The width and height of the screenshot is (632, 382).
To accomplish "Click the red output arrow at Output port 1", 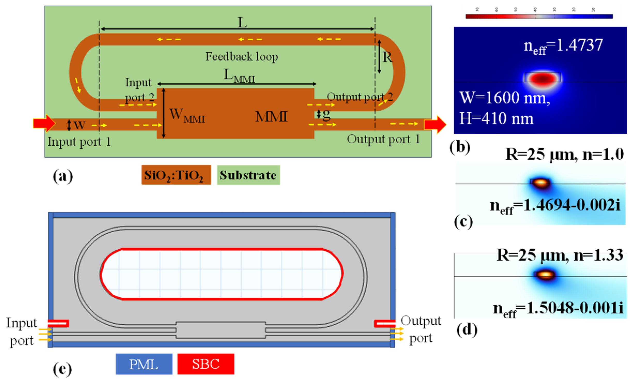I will pos(435,125).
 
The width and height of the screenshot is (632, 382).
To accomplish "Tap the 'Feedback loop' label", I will pos(241,57).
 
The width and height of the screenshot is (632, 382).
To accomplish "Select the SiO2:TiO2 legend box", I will pos(176,175).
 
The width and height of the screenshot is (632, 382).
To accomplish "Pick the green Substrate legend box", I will pos(248,175).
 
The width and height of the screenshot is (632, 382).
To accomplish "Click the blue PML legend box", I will pos(144,364).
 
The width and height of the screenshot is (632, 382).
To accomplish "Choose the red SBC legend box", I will pos(206,364).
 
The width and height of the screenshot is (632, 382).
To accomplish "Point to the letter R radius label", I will pos(387,57).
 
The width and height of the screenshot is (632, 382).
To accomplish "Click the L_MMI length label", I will pos(239,76).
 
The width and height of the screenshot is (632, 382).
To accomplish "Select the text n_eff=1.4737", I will pos(563,46).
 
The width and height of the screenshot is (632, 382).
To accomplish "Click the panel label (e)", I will pos(62,369).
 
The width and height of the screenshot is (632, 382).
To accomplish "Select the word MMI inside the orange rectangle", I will pos(271,117).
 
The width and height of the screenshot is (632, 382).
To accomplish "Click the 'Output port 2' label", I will pos(359,97).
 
